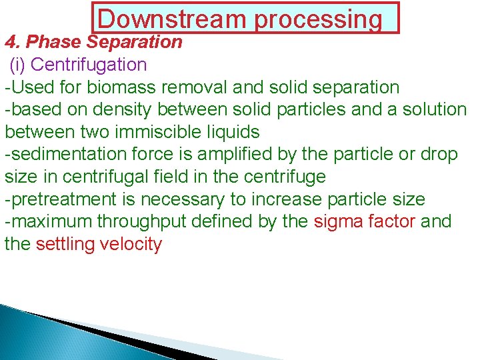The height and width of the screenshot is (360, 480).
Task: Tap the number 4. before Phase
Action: coord(13,42)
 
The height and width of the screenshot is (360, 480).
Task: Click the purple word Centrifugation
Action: coord(89,65)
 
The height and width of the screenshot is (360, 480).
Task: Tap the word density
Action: coord(131,109)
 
